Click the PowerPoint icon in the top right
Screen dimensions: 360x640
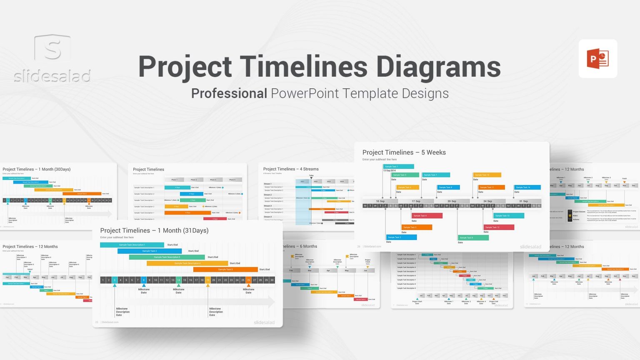coord(598,59)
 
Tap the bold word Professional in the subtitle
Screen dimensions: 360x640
coord(229,93)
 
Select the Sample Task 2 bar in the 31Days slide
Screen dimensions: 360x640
coord(149,251)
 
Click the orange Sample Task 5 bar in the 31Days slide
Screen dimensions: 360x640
coord(225,269)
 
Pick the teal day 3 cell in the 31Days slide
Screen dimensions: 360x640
coord(115,280)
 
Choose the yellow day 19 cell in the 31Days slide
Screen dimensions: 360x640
coord(207,280)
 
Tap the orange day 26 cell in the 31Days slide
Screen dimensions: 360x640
coord(248,280)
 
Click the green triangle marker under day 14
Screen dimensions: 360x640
coord(179,285)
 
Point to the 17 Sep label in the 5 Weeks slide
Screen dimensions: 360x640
coord(416,201)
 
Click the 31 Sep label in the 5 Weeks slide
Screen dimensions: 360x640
coord(523,201)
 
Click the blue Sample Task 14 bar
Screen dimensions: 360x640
coord(527,187)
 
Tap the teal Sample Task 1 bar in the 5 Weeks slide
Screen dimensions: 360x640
coord(398,166)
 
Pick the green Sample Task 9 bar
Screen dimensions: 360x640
coord(473,237)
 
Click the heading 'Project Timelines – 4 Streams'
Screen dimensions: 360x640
coord(291,169)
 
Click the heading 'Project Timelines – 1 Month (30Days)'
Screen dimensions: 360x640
coord(37,169)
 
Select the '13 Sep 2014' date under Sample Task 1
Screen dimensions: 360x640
coord(390,170)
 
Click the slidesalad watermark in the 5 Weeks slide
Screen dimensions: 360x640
coord(530,247)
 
